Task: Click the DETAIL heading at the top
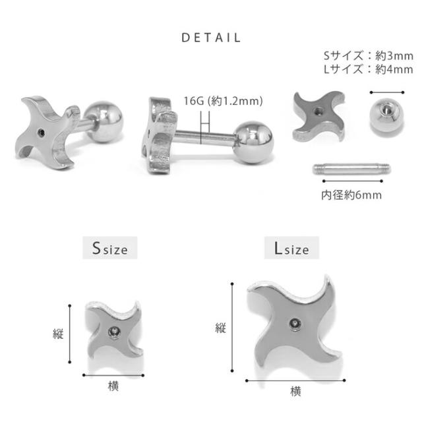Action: tap(211, 38)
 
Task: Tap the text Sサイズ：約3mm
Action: tap(369, 56)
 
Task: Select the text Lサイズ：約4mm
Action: tap(369, 69)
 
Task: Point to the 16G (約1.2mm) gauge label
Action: tap(223, 101)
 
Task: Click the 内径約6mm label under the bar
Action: tap(351, 195)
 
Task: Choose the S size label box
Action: tap(110, 248)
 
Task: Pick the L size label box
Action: tap(291, 248)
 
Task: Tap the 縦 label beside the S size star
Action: tap(58, 334)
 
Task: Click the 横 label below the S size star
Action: tap(113, 386)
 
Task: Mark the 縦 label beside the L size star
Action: tap(220, 328)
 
